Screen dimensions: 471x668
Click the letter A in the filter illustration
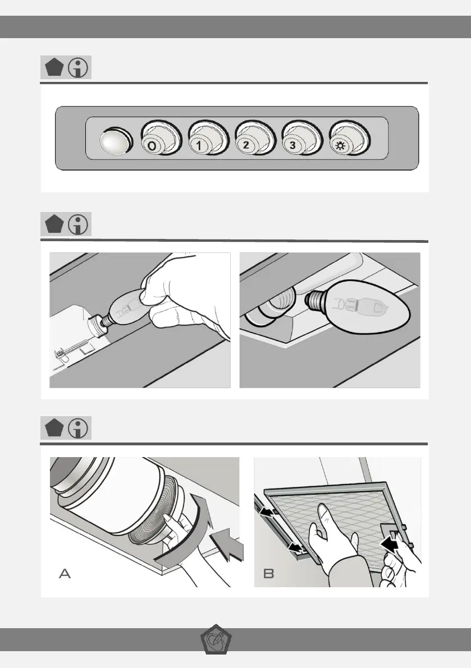coord(65,573)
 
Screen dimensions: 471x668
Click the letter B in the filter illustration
coord(268,573)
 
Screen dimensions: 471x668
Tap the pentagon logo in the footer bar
coord(216,640)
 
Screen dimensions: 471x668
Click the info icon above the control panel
coord(78,67)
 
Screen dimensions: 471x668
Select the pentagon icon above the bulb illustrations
coord(54,224)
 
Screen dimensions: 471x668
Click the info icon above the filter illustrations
coord(78,428)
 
